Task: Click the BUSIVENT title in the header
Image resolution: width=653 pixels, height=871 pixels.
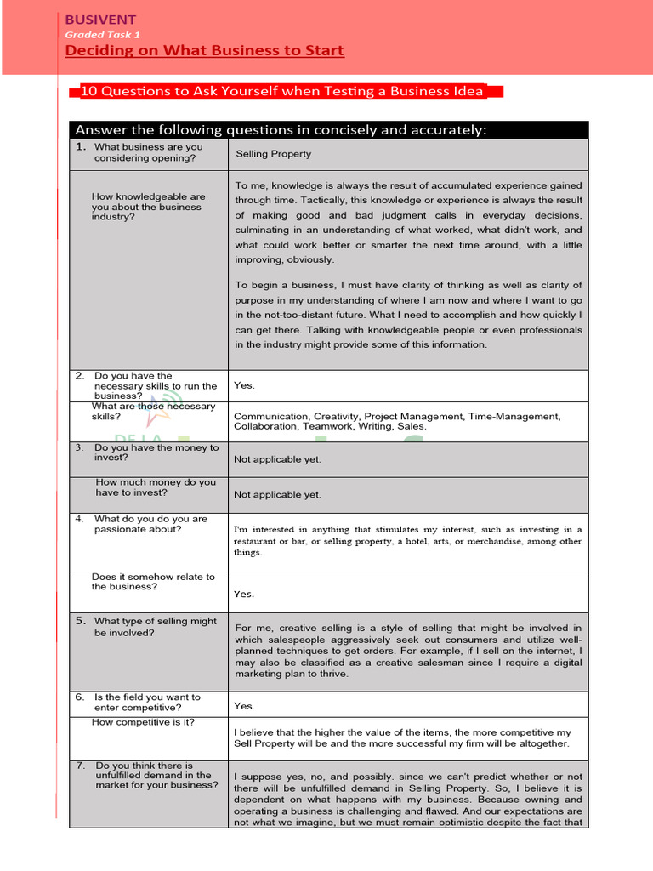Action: (x=100, y=20)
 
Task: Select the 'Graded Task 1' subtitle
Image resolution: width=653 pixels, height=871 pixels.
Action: (x=103, y=35)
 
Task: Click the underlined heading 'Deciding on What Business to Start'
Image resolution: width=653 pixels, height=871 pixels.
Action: (x=205, y=51)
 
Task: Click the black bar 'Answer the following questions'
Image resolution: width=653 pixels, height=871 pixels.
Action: (x=281, y=129)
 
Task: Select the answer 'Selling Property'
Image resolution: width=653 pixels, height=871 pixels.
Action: (x=273, y=154)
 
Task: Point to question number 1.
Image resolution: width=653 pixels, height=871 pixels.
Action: (x=80, y=146)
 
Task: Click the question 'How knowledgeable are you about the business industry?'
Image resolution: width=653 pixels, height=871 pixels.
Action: (x=148, y=207)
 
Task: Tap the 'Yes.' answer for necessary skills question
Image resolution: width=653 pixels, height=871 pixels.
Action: (x=244, y=385)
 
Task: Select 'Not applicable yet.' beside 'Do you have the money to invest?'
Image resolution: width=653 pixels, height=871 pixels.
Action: (x=277, y=459)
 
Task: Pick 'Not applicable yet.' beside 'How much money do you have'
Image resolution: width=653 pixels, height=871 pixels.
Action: (x=277, y=494)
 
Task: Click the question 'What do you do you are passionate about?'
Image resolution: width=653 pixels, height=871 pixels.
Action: (x=150, y=524)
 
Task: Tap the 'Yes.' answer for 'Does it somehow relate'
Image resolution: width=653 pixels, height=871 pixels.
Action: (x=244, y=595)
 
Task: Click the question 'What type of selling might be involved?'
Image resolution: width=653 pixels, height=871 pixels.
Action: (x=155, y=627)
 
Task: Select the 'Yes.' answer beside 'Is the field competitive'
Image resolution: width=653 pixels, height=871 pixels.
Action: (x=244, y=706)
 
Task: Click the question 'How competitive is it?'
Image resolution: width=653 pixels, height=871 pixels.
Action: (x=143, y=722)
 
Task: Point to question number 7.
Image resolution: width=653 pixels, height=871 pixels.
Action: (x=80, y=766)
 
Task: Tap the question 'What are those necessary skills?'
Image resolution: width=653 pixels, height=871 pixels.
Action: (x=153, y=412)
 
